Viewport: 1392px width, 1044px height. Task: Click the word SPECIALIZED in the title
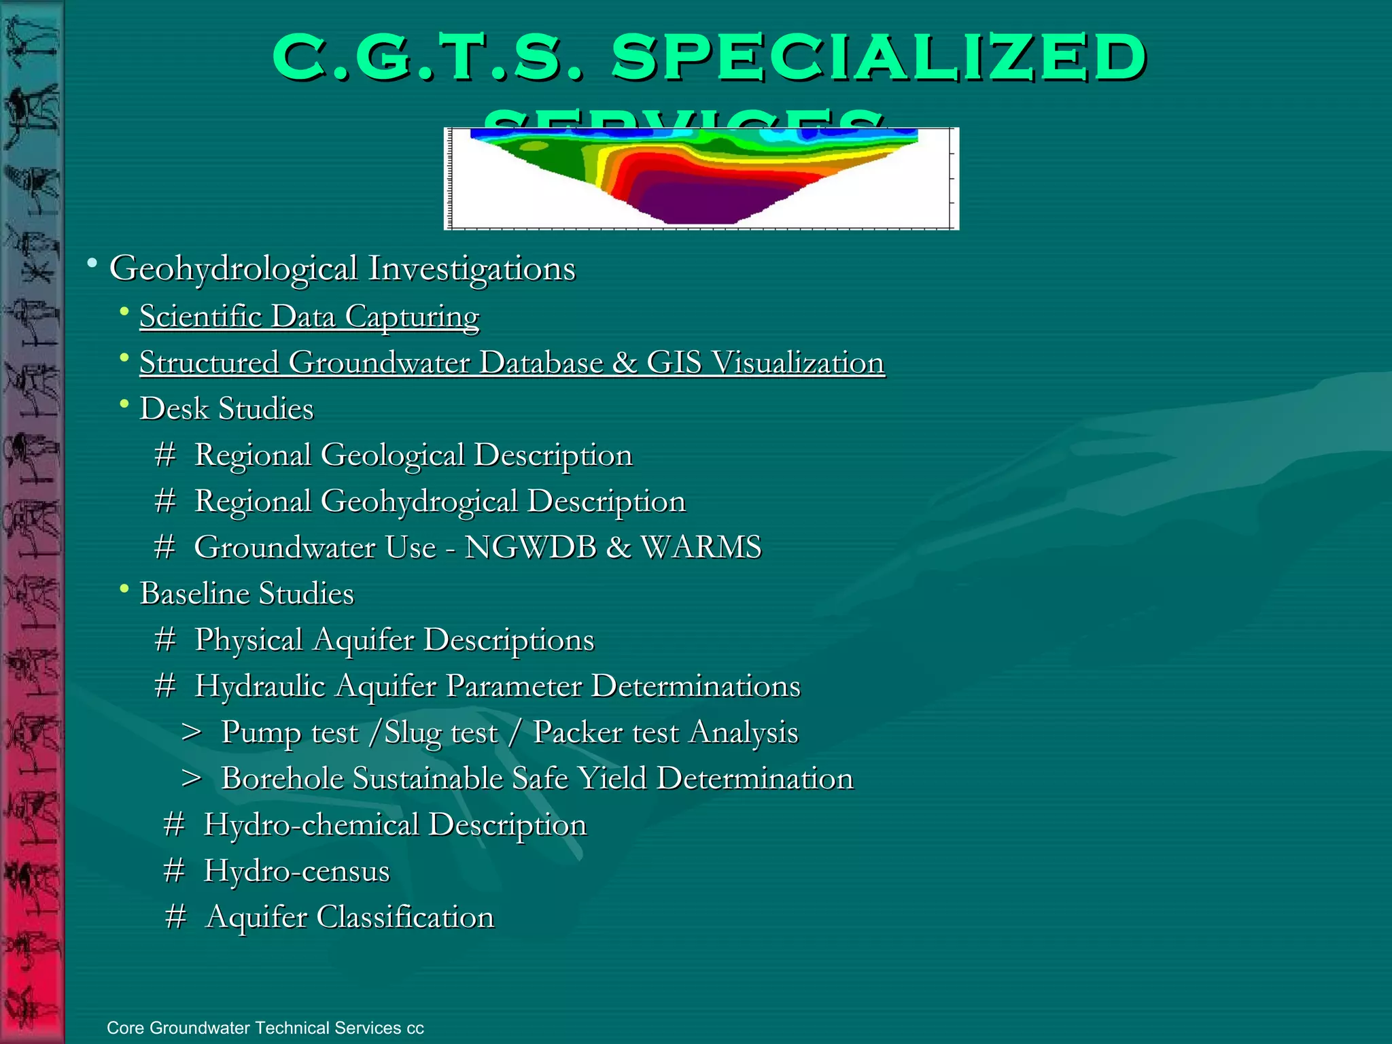879,57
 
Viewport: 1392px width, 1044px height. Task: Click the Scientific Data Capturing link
309,317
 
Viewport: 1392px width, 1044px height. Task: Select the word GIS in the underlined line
674,362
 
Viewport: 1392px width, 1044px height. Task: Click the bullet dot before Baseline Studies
124,589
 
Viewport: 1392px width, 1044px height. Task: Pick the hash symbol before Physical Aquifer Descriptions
165,640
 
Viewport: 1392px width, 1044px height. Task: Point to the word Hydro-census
297,871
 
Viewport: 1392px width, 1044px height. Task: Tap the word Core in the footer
125,1028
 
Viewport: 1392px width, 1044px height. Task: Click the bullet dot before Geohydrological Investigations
92,263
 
